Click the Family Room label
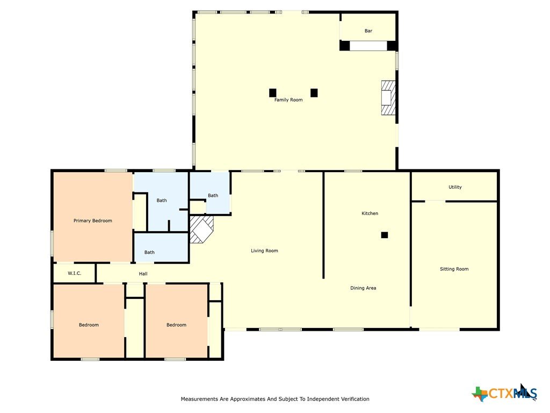coord(288,99)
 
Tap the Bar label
coord(368,31)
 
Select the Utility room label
coord(455,187)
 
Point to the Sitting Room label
coord(454,269)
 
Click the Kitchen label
coord(370,213)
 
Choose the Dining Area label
coord(363,288)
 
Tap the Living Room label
coord(264,251)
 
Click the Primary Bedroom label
coord(92,220)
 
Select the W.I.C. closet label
coord(74,273)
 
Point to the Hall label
coord(143,274)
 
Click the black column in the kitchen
coord(385,235)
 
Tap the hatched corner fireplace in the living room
coord(201,229)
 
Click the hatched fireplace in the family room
coord(388,98)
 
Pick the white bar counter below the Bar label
coord(368,46)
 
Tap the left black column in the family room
coord(272,92)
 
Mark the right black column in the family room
coord(314,92)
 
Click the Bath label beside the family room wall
coord(213,196)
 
